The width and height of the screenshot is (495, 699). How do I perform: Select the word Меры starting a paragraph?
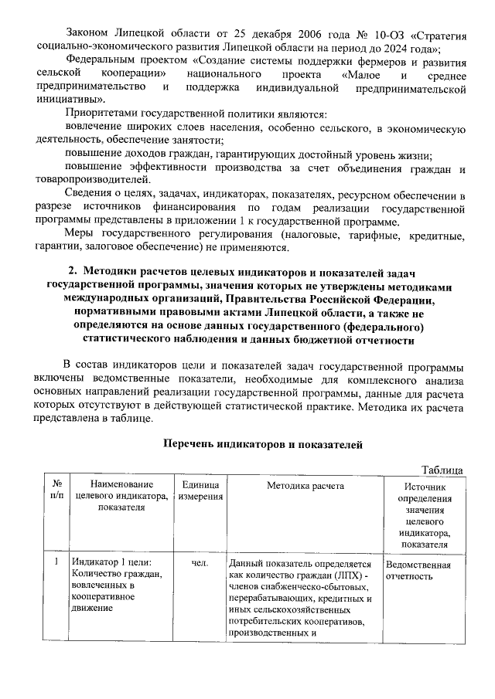pos(81,235)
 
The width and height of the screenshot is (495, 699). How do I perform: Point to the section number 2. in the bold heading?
pos(73,271)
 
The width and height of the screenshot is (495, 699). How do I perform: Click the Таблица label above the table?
pos(442,470)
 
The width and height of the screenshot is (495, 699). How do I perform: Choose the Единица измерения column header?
pos(200,489)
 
